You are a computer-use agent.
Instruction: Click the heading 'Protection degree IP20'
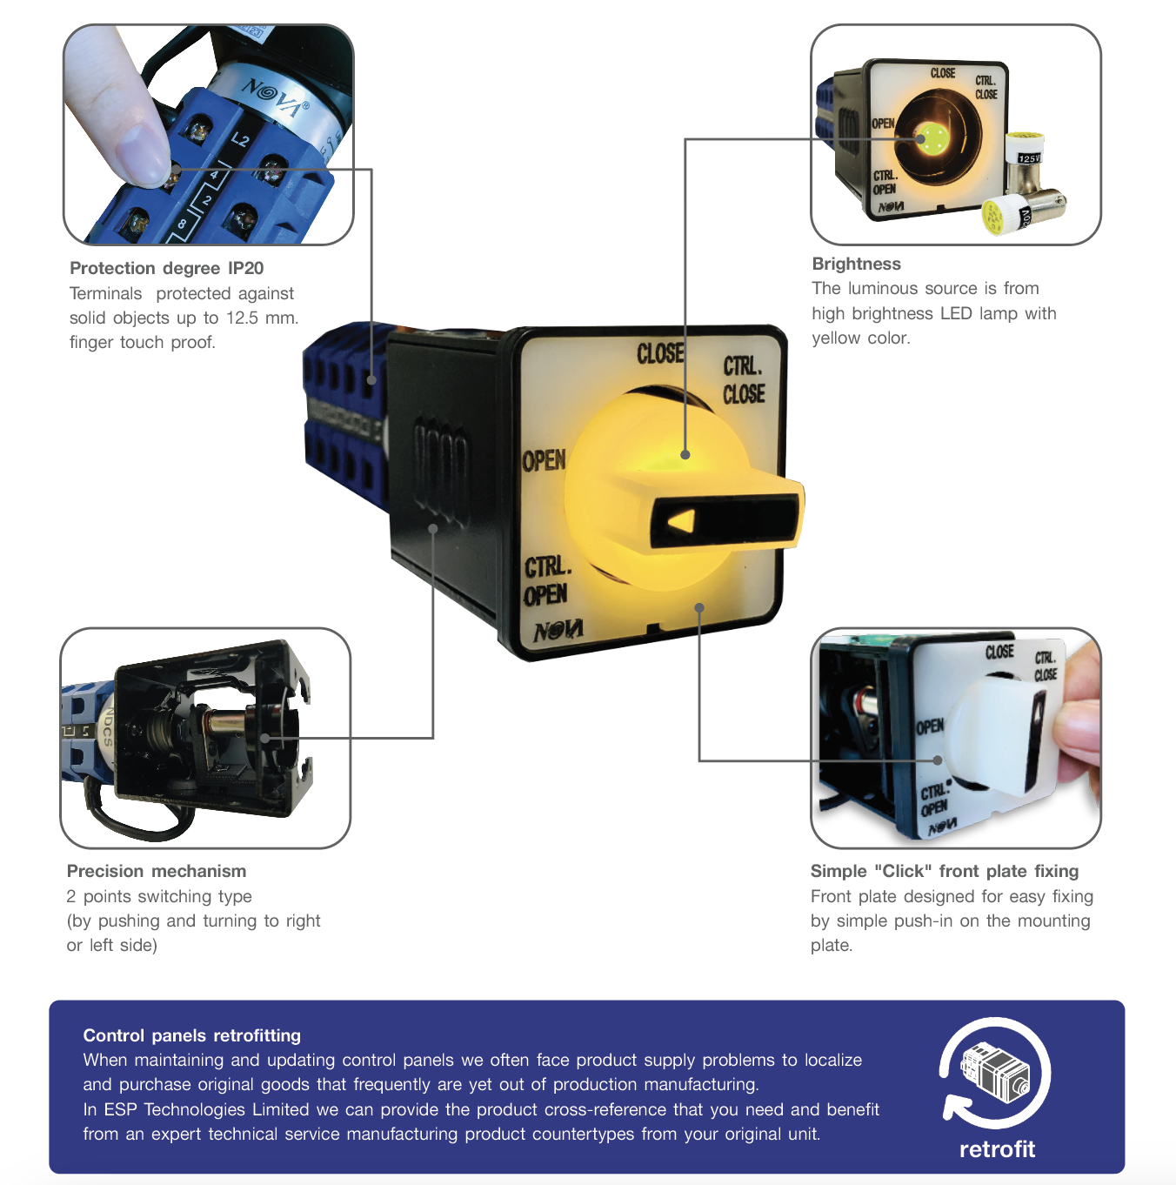[x=167, y=268]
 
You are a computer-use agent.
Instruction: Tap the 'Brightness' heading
[x=856, y=264]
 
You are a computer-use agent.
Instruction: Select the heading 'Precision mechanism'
[x=157, y=871]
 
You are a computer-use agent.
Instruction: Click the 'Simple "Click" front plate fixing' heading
[x=944, y=871]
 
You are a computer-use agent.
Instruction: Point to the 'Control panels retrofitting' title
[x=192, y=1035]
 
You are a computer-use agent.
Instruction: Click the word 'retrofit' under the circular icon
[x=997, y=1148]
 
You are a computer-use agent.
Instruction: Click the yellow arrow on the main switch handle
[x=681, y=522]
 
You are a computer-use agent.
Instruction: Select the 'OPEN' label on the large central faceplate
[x=544, y=460]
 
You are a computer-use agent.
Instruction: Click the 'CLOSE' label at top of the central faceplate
[x=660, y=353]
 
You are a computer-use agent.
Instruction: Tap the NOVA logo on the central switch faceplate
[x=558, y=630]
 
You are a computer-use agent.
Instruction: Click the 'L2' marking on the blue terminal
[x=240, y=140]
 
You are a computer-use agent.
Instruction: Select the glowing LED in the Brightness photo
[x=921, y=138]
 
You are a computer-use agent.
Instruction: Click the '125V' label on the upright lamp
[x=1029, y=158]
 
